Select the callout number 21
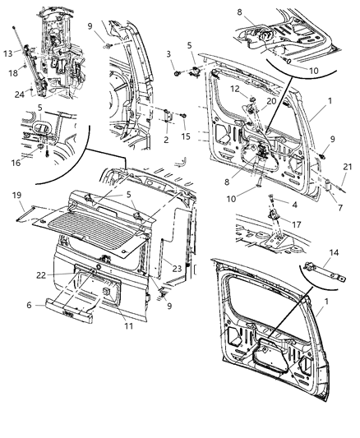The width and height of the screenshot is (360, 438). click(346, 167)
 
